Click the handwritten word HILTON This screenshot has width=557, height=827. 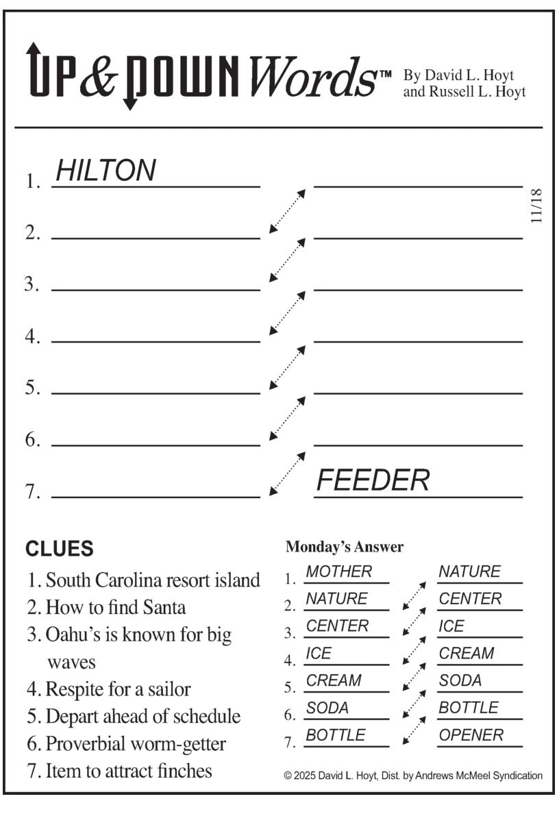(x=106, y=170)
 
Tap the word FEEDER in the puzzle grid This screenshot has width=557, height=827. (x=372, y=481)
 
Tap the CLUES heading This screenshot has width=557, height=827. (x=60, y=549)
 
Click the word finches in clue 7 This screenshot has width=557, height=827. (x=186, y=771)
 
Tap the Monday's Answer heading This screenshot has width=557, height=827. (x=344, y=547)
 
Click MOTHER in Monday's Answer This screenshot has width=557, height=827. (x=338, y=571)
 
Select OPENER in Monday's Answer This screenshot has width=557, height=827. (x=471, y=735)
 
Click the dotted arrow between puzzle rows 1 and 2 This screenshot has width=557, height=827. (x=287, y=211)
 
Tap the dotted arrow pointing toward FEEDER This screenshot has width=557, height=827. (x=287, y=473)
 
